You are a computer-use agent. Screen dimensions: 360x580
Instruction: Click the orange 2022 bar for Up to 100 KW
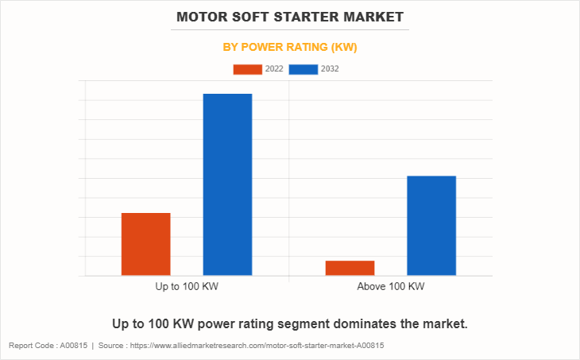tap(145, 244)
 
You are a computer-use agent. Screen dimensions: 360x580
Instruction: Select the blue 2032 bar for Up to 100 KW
tap(227, 184)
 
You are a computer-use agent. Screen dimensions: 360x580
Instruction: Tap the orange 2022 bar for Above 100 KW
tap(350, 268)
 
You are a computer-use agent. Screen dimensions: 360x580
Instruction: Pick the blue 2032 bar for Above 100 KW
tap(431, 226)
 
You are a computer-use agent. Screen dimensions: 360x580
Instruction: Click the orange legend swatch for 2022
tap(247, 69)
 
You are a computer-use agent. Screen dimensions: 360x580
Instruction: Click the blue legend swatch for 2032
tap(304, 69)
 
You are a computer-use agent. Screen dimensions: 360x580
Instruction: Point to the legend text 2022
tap(274, 69)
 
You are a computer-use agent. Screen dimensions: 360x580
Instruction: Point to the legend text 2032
tap(331, 69)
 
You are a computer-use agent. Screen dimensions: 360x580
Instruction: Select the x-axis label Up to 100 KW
tap(187, 286)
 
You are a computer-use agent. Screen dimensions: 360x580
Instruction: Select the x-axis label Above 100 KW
tap(391, 286)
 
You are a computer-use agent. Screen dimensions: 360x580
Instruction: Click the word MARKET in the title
tap(376, 17)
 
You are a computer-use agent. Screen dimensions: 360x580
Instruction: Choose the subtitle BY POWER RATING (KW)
tap(289, 47)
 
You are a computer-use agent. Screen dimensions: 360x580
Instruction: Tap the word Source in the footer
tap(114, 346)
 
